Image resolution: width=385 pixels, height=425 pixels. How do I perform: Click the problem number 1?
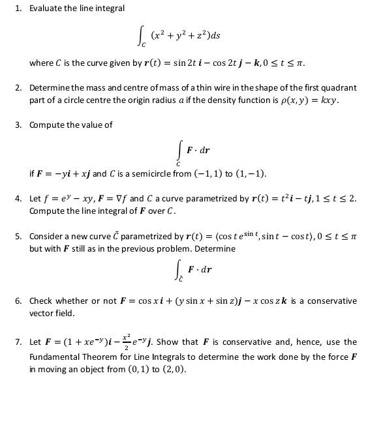[x=18, y=8]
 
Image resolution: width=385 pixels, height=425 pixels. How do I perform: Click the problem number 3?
[x=18, y=125]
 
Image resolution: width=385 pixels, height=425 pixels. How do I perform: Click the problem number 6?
[x=18, y=300]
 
